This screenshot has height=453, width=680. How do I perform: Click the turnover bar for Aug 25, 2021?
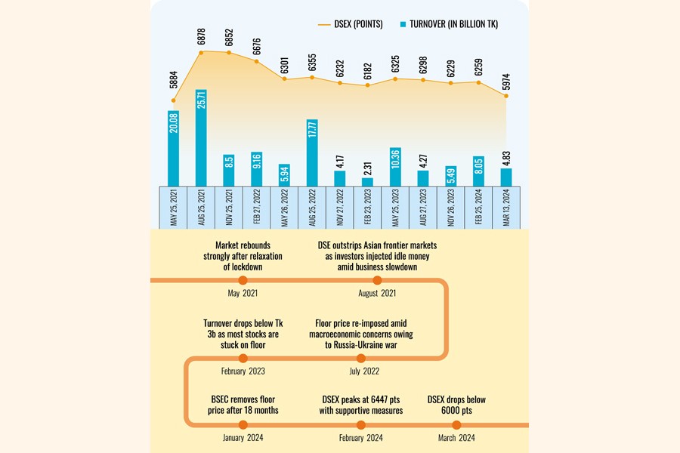click(x=201, y=137)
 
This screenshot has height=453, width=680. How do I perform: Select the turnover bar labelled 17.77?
click(x=312, y=152)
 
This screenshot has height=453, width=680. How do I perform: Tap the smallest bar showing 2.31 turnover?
click(x=367, y=181)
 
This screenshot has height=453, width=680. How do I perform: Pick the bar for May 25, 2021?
click(x=173, y=147)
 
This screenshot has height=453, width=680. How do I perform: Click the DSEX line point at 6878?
click(x=201, y=52)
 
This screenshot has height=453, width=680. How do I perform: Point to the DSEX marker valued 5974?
click(x=506, y=95)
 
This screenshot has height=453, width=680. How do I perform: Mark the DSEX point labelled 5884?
click(x=173, y=100)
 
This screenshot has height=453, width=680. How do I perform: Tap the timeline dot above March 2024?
click(x=456, y=424)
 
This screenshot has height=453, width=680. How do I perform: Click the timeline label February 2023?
click(x=243, y=371)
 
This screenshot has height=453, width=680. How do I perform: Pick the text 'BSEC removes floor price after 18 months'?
click(x=243, y=405)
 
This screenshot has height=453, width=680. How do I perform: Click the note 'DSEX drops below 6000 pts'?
click(x=456, y=405)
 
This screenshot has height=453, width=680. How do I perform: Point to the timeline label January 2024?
click(x=243, y=438)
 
